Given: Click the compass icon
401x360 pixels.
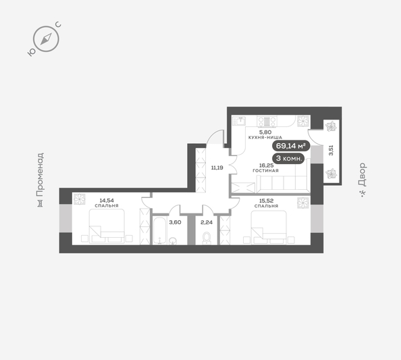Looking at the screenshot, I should (45, 39).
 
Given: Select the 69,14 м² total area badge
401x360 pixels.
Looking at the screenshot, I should (290, 145).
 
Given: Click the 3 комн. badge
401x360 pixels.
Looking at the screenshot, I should (289, 158).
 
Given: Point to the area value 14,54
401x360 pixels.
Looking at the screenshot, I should (107, 201).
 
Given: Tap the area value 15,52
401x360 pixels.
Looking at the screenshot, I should (265, 201).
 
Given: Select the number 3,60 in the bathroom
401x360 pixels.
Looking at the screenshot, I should (175, 222).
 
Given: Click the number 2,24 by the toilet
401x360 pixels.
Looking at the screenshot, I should (207, 222).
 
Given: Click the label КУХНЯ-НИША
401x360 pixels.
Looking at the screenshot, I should (265, 137).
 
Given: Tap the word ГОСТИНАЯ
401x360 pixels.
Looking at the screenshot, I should (266, 171).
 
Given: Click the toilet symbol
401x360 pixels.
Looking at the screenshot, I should (207, 238).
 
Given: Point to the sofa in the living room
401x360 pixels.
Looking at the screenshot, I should (270, 184).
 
